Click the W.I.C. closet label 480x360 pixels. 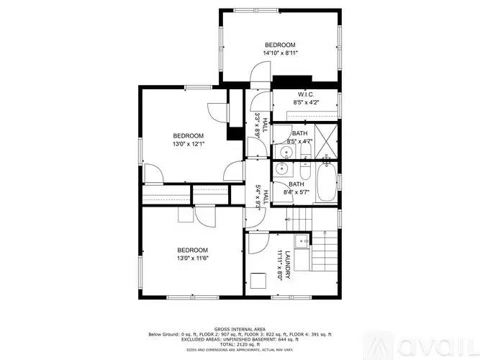(x=304, y=95)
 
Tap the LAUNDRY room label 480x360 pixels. (x=286, y=265)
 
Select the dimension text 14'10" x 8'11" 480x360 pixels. (x=279, y=53)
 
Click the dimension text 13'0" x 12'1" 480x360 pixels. (x=188, y=144)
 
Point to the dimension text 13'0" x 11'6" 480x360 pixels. (x=194, y=258)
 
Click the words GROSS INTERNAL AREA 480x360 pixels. (x=240, y=328)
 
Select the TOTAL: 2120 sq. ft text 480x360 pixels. (x=240, y=345)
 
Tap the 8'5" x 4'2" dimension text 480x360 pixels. (x=304, y=103)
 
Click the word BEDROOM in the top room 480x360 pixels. (x=279, y=45)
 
